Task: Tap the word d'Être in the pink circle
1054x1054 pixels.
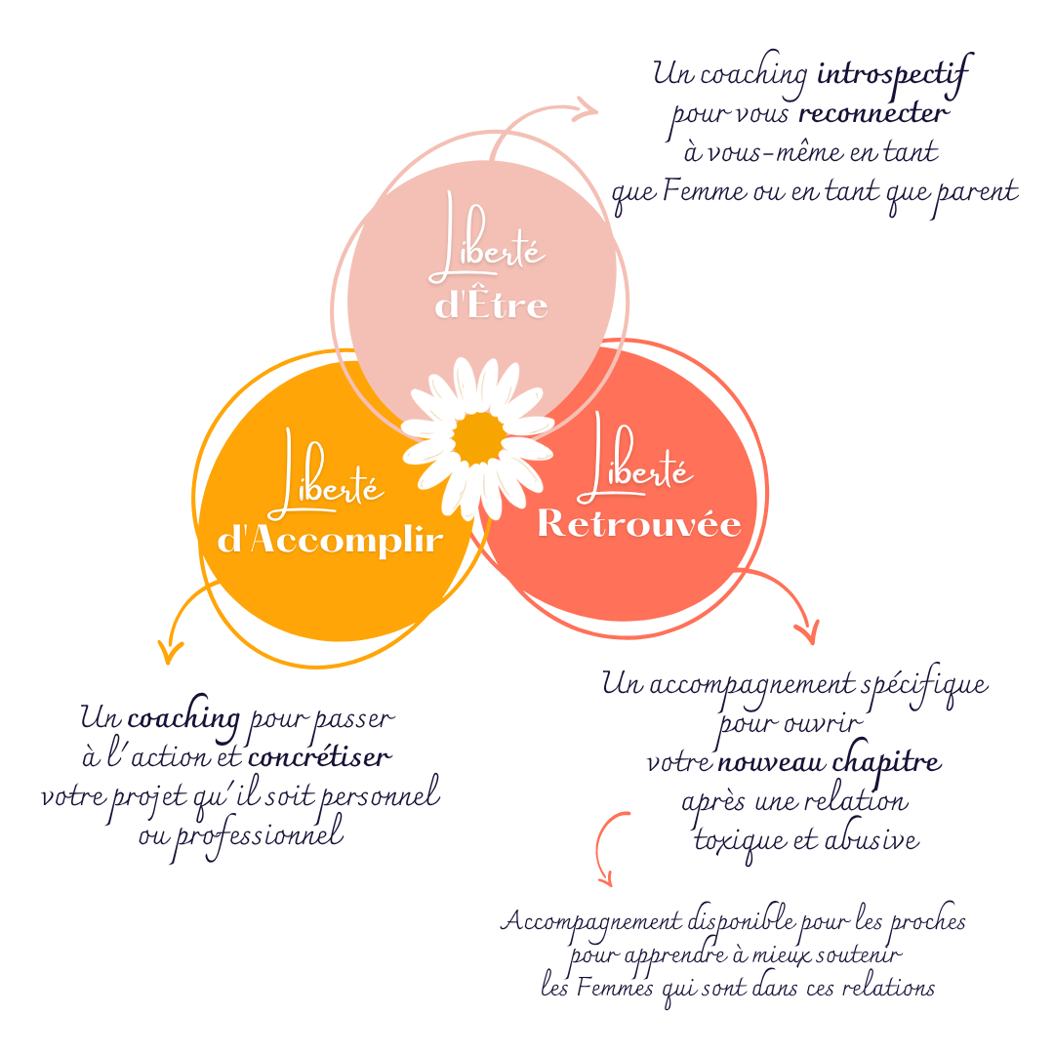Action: pyautogui.click(x=491, y=305)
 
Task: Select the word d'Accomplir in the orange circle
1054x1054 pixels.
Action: pyautogui.click(x=330, y=540)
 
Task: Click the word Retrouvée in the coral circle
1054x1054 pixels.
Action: pyautogui.click(x=639, y=524)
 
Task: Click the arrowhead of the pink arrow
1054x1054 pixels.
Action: pyautogui.click(x=587, y=108)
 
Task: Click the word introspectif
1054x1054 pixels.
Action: pyautogui.click(x=893, y=74)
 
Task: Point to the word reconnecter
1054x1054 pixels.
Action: pyautogui.click(x=872, y=113)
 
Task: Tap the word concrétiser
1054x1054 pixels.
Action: pyautogui.click(x=320, y=757)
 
